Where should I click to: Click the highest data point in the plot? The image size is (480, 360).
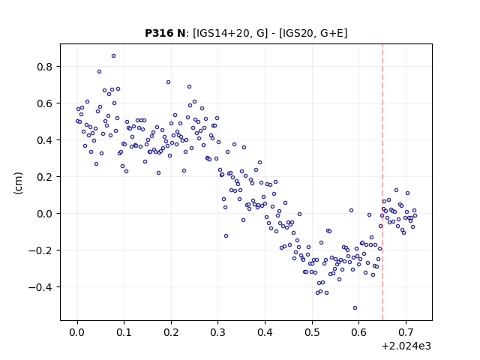[113, 56]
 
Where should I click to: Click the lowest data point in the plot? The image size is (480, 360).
[355, 308]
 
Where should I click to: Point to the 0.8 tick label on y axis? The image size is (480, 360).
[44, 67]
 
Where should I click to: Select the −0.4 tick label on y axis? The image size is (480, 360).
[40, 287]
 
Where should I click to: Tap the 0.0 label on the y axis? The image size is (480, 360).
[44, 214]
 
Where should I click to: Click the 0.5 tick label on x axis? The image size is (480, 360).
[312, 332]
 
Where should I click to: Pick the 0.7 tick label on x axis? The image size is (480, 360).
[406, 332]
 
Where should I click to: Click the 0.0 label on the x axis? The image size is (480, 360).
[77, 332]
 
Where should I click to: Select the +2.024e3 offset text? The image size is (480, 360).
[406, 346]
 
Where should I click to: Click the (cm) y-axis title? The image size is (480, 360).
[18, 183]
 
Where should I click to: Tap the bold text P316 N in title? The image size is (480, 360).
[165, 33]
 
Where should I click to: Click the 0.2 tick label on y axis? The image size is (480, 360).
[44, 177]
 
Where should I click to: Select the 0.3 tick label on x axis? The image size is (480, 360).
[218, 332]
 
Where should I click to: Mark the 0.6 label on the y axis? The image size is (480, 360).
[44, 103]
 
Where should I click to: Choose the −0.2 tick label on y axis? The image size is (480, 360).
[40, 250]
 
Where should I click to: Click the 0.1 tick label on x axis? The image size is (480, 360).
[124, 332]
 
